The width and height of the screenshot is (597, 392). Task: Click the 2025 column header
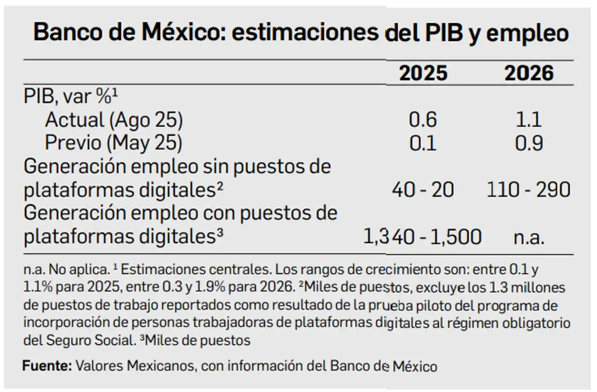tap(424, 74)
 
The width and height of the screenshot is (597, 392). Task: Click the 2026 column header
tap(529, 74)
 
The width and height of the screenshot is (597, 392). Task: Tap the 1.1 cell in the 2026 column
tap(529, 120)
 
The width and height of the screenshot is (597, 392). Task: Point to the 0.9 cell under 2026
tap(529, 143)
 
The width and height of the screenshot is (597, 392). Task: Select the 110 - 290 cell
tap(528, 190)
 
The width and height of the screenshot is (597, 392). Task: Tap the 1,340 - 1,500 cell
tap(423, 237)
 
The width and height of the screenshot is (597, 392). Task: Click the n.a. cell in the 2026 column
tap(529, 237)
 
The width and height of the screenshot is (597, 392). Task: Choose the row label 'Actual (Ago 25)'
tap(114, 120)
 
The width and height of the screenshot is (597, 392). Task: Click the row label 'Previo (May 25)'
tap(114, 143)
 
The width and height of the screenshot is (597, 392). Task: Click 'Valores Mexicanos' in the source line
tap(130, 367)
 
